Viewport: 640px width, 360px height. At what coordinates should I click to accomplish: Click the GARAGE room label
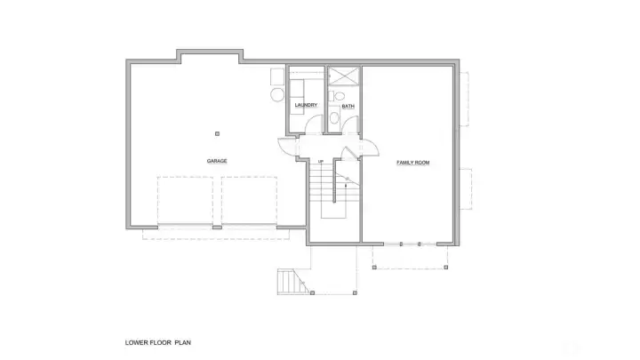point(217,161)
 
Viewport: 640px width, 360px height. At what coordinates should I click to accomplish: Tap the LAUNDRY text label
point(306,105)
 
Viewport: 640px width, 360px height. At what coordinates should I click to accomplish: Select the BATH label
point(348,106)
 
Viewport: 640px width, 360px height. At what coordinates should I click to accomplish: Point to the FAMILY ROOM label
point(413,163)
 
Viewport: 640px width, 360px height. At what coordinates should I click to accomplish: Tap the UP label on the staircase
point(320,161)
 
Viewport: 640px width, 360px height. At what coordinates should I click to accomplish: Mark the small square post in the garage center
point(217,133)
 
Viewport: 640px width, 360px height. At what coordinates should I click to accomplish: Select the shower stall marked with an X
point(344,76)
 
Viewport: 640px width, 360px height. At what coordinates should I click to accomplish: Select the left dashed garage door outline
point(187,200)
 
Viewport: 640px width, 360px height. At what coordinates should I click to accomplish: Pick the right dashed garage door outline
point(250,200)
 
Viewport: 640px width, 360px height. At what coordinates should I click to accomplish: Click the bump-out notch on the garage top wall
point(212,56)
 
